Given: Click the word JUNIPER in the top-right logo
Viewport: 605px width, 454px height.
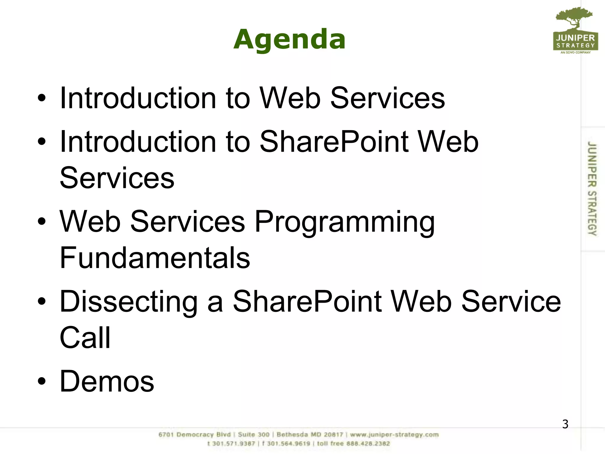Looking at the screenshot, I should click(x=575, y=38).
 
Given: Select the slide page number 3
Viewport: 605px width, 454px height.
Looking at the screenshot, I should click(x=565, y=424).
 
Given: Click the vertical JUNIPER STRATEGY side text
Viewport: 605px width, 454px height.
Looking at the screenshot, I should click(x=592, y=188).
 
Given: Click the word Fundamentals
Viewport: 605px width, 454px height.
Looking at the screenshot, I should click(x=155, y=258).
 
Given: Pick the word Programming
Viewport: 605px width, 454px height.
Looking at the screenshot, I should click(x=344, y=222).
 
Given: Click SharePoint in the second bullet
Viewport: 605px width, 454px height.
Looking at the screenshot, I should click(x=334, y=142).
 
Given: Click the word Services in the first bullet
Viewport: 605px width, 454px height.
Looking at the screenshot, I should click(x=387, y=98).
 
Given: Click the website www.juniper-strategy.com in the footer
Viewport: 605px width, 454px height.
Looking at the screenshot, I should click(x=394, y=435).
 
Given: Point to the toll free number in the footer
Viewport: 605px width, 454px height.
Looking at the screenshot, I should click(x=353, y=444).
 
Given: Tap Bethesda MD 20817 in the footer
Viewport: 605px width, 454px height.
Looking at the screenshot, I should click(x=310, y=435).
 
